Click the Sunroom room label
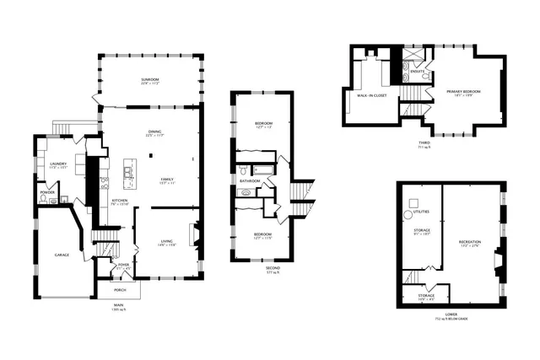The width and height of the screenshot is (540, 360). pos(151,80)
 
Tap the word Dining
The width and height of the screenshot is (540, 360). pos(154,131)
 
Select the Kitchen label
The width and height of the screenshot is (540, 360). pos(120,200)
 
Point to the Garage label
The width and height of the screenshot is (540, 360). pos(62,254)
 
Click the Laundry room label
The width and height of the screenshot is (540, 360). pos(57,164)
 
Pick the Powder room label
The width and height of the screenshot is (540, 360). pos(47,192)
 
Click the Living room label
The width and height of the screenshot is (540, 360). pos(166,242)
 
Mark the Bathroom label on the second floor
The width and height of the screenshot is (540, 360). pos(249,180)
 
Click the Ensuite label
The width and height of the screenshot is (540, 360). pos(417,72)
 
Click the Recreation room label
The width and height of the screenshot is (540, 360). pos(470,242)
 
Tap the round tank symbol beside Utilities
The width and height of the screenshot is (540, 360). pos(413,201)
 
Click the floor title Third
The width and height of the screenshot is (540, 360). pos(424,142)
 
